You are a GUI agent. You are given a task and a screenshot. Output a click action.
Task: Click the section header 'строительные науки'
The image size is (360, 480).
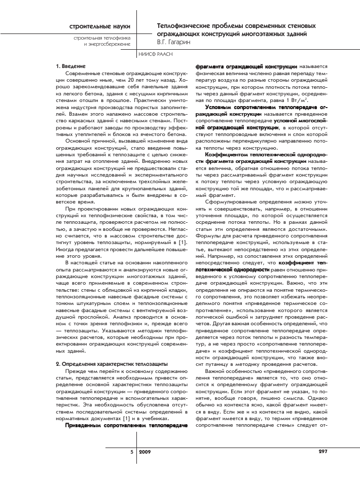pos(100,25)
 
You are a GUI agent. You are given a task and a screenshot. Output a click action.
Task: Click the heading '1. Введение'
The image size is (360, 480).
pos(70,66)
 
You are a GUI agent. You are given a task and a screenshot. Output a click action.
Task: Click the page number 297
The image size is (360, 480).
pos(323,451)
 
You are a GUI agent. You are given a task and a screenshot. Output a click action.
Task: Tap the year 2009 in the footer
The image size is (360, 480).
pos(145,451)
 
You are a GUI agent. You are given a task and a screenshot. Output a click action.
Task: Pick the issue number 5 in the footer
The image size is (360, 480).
pos(131,451)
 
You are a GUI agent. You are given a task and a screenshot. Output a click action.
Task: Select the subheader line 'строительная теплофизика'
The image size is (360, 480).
pos(101,38)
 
